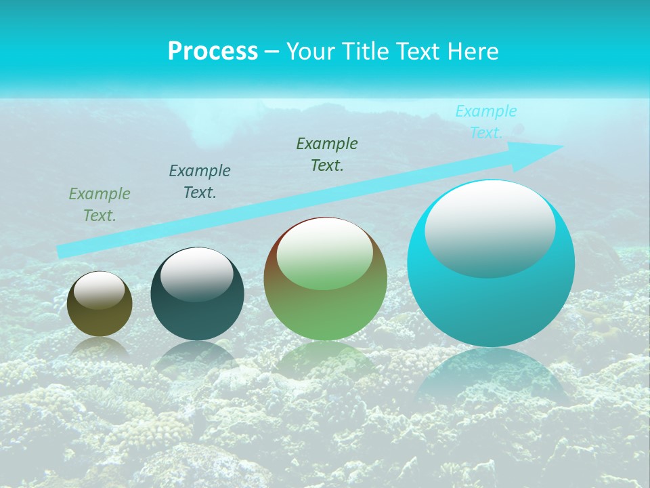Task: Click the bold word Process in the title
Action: tap(213, 52)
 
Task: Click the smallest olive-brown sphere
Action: tap(100, 319)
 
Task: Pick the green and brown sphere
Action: tap(325, 312)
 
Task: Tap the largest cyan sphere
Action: tap(491, 305)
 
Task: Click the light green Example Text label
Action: tap(100, 205)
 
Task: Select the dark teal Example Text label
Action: tap(200, 182)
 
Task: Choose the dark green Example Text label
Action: tap(327, 155)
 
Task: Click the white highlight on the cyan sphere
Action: tap(490, 227)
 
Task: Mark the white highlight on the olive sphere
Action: tap(100, 290)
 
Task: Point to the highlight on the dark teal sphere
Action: tap(196, 272)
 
